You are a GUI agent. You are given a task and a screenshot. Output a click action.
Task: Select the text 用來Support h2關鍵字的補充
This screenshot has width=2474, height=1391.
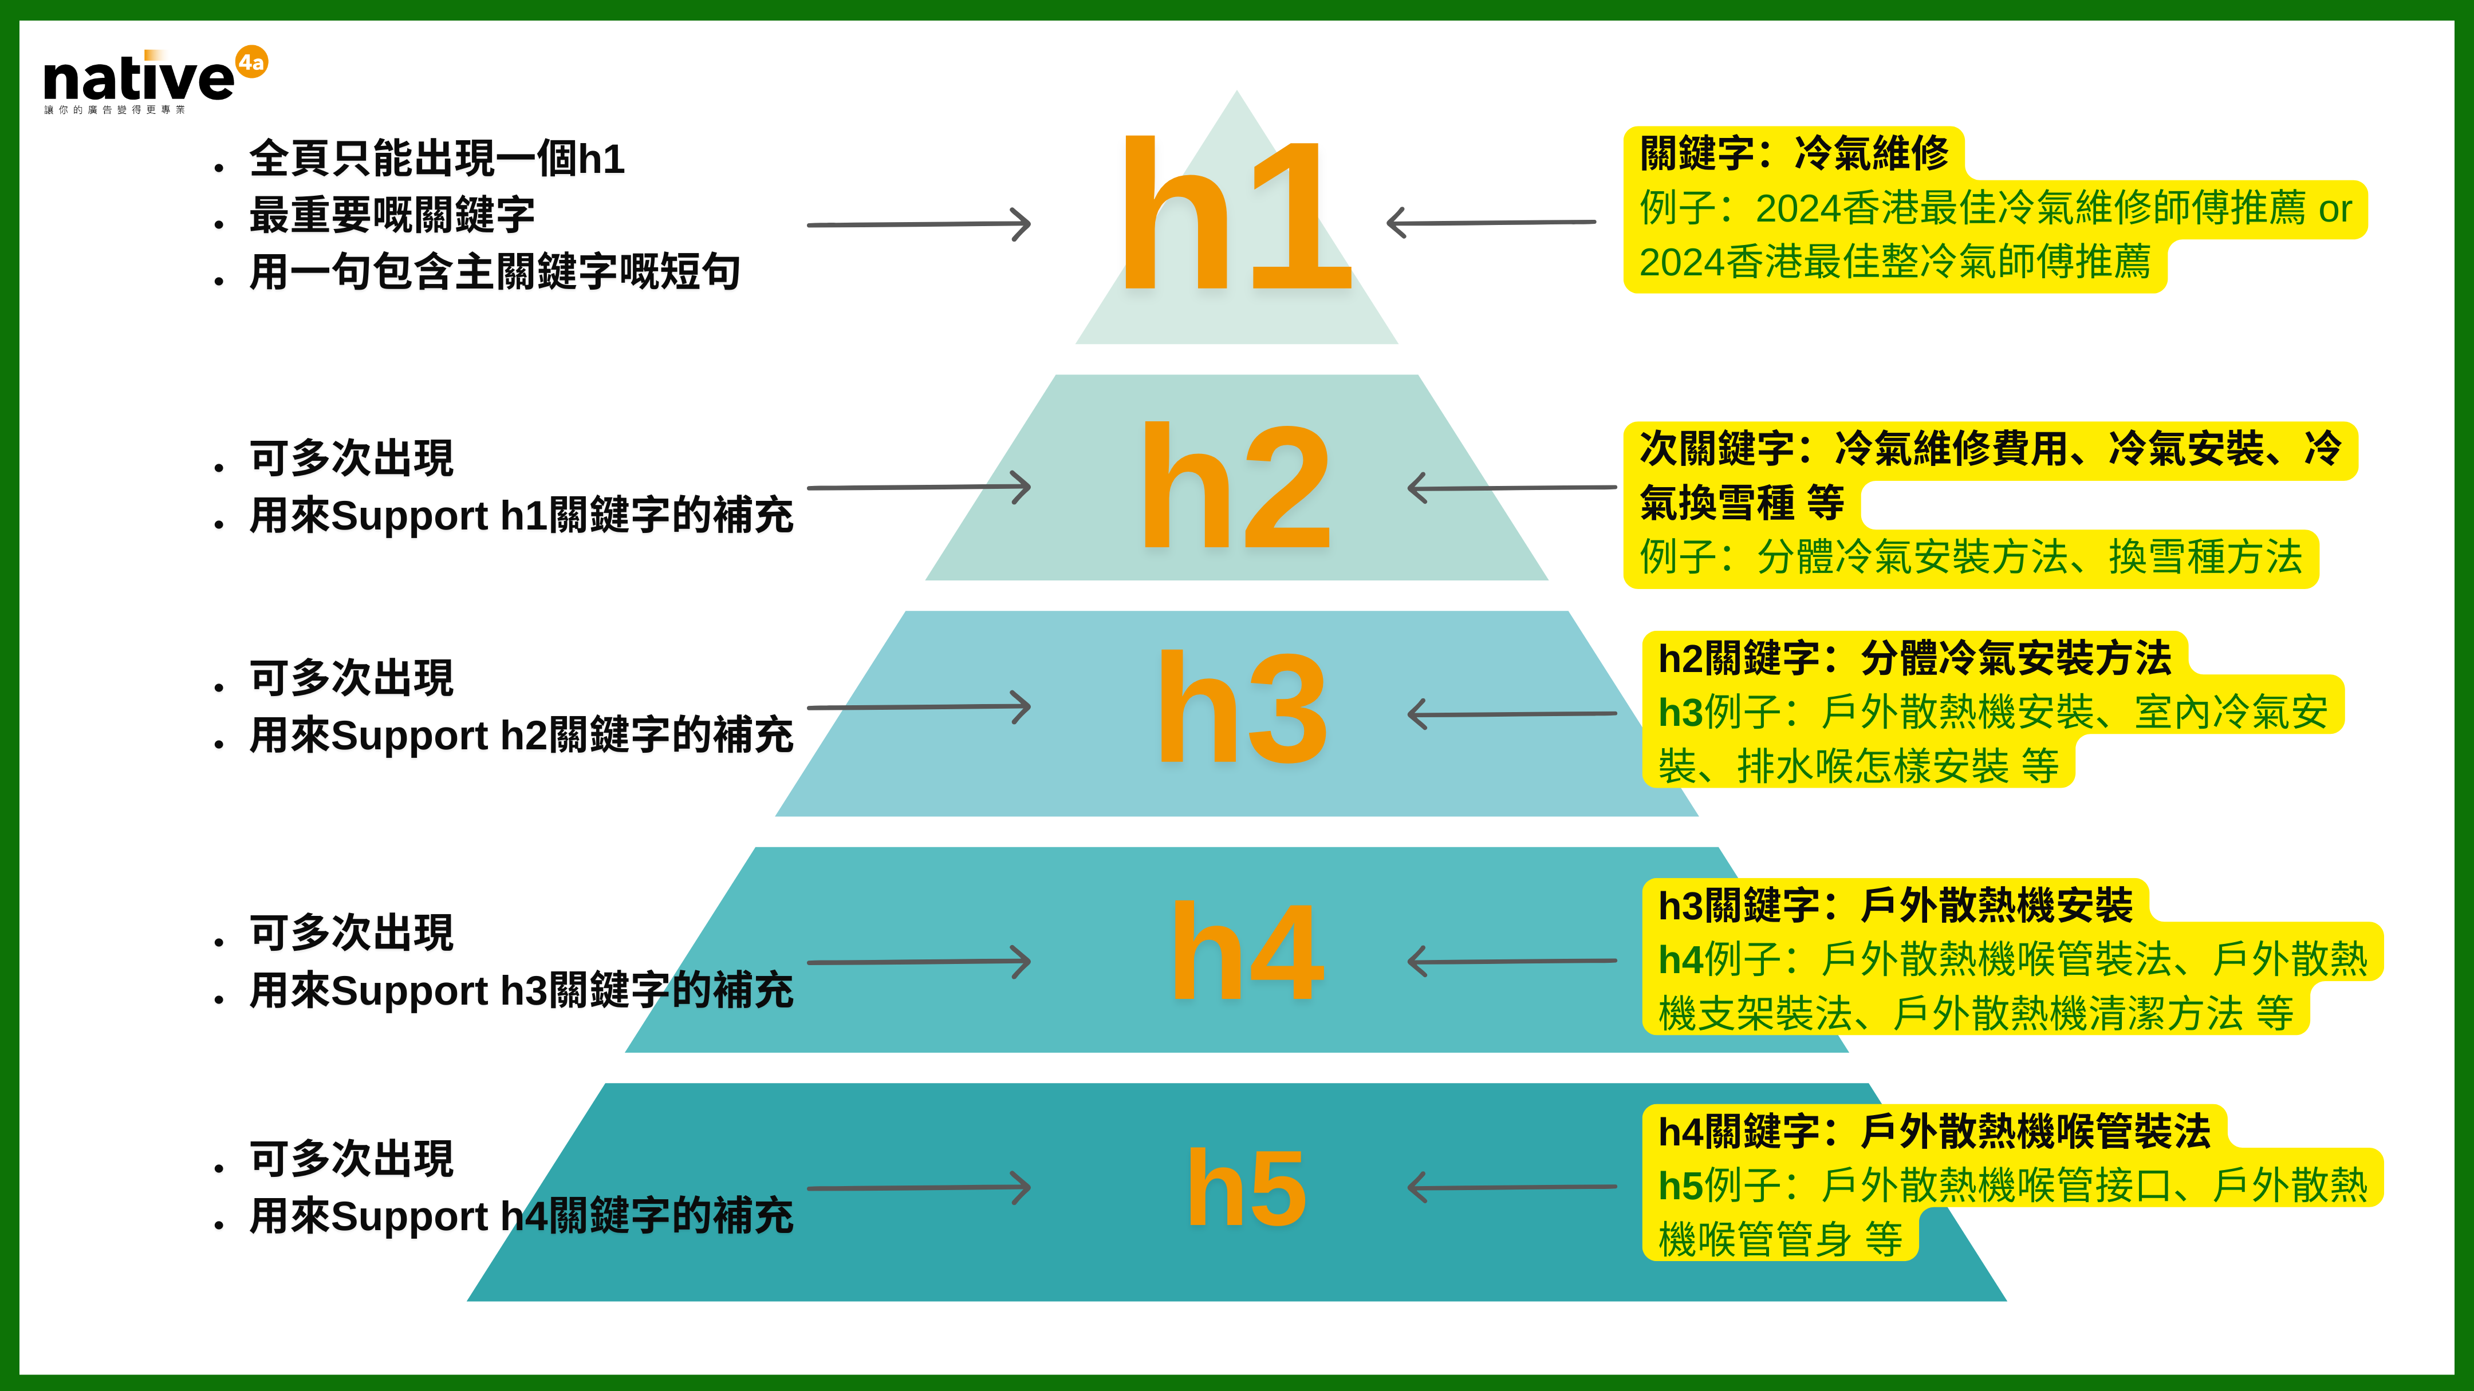[x=521, y=736]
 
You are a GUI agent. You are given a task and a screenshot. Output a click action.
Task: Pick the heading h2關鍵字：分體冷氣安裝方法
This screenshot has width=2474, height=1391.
[x=1914, y=658]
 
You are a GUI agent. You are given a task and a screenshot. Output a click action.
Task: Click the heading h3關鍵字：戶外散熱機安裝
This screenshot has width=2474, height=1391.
[x=1895, y=905]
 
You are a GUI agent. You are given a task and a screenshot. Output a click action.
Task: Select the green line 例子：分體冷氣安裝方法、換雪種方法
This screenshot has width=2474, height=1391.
[x=1970, y=558]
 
